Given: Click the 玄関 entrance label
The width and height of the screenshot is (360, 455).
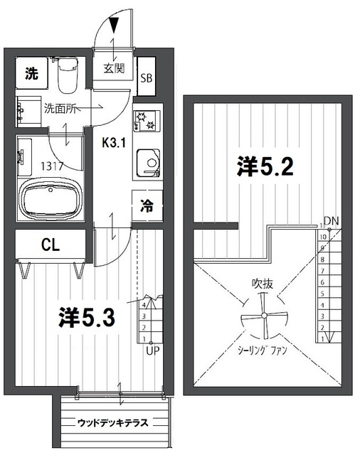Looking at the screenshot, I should coord(113,70).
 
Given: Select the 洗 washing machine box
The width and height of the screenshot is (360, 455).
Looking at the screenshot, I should coord(31,72).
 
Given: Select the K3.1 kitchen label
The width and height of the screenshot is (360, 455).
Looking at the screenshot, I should coord(114,141).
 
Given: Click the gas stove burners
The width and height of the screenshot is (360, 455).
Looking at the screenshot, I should coord(147,120).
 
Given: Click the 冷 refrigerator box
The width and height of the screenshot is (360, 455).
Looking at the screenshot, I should coord(147,208).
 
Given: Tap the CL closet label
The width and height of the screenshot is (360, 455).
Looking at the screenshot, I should coord(50,246).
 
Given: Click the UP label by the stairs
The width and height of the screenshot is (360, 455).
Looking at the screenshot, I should coord(152,350).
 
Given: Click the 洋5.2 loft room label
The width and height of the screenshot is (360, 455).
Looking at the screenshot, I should coord(265,168).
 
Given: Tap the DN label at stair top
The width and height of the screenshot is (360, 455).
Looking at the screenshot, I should coord(331,220).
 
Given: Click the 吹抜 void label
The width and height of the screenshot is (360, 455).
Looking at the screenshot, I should coord(262,282).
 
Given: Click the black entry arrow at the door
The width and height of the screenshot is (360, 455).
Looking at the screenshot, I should coord(115,26).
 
